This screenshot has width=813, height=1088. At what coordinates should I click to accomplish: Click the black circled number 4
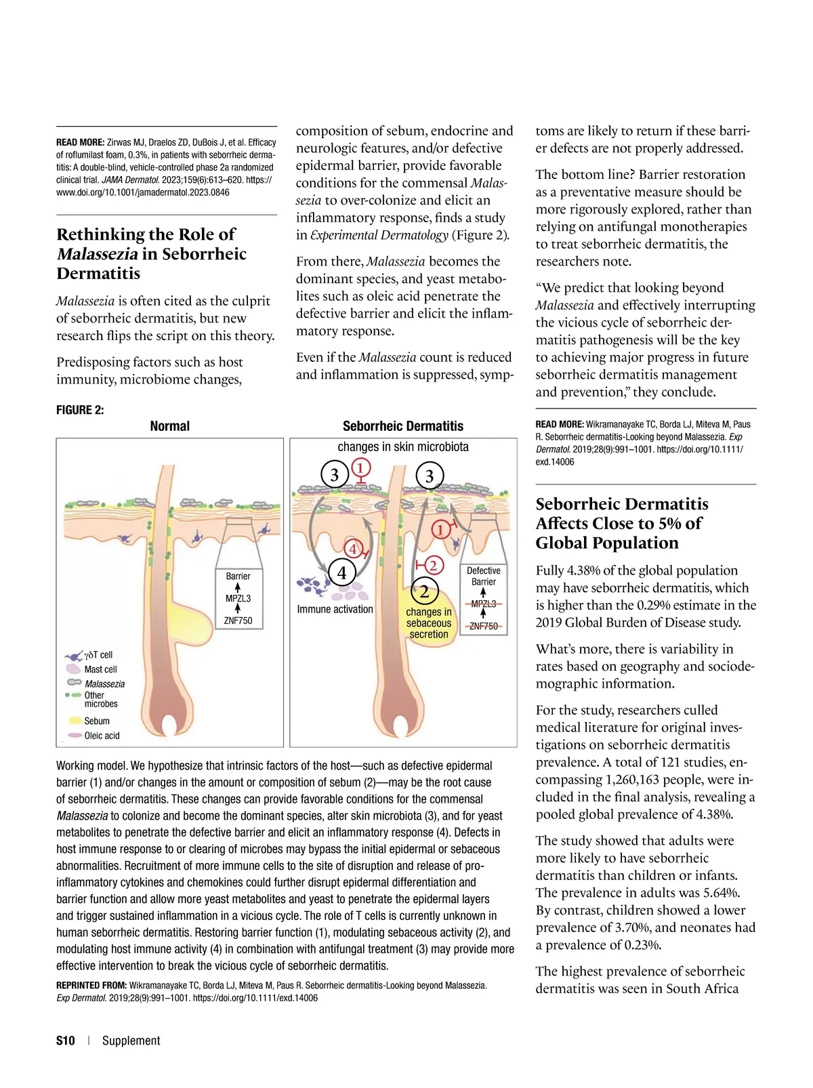[x=341, y=573]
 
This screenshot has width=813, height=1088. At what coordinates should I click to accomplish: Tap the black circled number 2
[x=424, y=591]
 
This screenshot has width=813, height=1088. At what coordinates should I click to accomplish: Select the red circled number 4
[x=353, y=549]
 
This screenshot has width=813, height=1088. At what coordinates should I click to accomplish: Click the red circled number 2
[x=432, y=564]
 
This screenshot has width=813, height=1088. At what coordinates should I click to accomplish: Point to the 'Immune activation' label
[x=335, y=609]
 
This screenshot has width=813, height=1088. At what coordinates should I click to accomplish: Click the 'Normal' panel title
[x=169, y=426]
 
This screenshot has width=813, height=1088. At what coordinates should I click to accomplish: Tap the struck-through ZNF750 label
[x=483, y=626]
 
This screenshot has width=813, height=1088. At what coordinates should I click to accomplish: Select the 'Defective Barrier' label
[x=484, y=577]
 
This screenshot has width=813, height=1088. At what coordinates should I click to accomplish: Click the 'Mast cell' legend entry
[x=100, y=669]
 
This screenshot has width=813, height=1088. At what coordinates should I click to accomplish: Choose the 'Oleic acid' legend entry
[x=102, y=736]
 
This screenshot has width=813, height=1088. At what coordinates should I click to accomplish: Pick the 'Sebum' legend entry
[x=97, y=721]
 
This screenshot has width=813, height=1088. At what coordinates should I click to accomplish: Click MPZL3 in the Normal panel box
[x=238, y=598]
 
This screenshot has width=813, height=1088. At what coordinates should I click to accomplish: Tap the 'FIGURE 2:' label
[x=80, y=410]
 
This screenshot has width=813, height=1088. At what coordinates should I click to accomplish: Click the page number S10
[x=66, y=1041]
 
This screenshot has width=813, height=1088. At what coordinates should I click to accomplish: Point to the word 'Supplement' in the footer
[x=131, y=1041]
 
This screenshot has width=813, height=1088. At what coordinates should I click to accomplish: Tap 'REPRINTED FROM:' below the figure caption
[x=91, y=985]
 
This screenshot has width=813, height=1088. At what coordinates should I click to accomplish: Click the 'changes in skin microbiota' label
[x=403, y=447]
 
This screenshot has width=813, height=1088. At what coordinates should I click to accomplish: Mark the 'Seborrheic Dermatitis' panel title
[x=403, y=426]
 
